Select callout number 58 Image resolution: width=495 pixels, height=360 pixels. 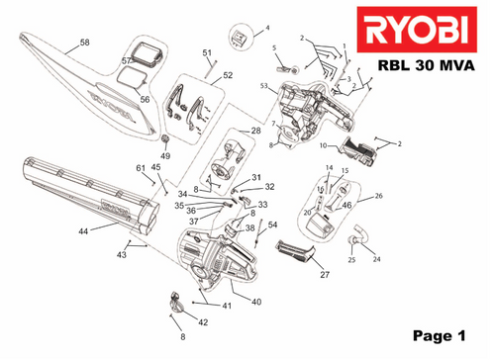tap(84, 44)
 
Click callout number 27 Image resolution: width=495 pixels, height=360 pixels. tap(324, 275)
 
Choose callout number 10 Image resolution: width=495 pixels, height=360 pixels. tap(324, 144)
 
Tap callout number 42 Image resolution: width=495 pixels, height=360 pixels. tap(202, 322)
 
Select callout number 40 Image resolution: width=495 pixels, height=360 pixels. tap(255, 302)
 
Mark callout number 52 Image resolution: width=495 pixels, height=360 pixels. tap(227, 75)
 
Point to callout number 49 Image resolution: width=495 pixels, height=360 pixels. tap(165, 156)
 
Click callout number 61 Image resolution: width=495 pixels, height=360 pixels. tap(141, 168)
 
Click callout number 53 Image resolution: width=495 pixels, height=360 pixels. tap(264, 87)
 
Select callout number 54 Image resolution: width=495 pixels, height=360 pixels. tap(272, 225)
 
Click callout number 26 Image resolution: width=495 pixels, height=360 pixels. tap(376, 197)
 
